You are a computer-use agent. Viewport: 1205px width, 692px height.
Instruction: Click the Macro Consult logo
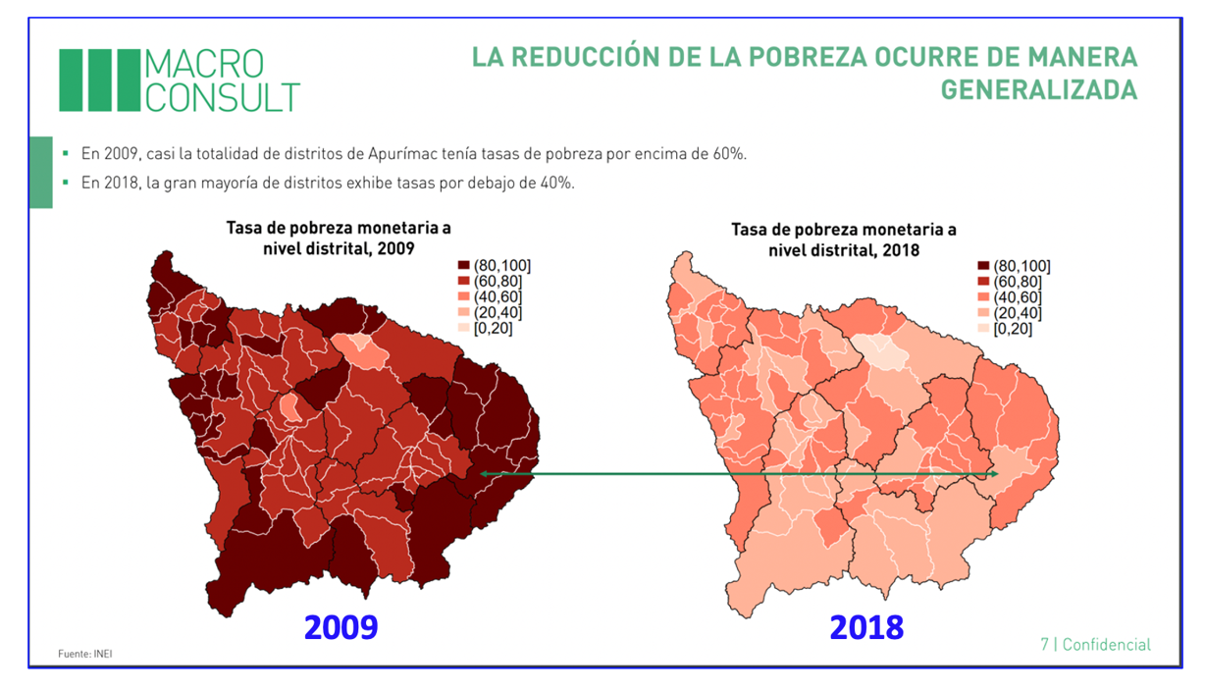[180, 80]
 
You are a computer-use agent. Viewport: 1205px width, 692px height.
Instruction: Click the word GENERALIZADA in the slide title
[1039, 90]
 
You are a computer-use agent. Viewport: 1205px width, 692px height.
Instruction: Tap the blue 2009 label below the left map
[341, 626]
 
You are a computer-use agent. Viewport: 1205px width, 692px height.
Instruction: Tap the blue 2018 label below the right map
[866, 626]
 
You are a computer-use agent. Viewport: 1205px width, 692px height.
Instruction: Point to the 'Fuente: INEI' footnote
[85, 654]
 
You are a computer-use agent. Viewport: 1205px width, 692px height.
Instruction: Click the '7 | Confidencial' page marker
[1095, 645]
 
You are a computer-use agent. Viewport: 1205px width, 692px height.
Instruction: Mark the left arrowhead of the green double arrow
[484, 473]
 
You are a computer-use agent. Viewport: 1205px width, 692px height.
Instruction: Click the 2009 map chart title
[339, 239]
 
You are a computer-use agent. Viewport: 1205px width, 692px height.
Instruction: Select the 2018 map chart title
[844, 240]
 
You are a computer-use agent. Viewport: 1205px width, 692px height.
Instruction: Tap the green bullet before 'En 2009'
[66, 154]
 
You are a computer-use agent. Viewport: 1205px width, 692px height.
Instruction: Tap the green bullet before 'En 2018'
[66, 183]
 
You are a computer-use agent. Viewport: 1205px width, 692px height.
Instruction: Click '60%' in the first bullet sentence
[730, 155]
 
